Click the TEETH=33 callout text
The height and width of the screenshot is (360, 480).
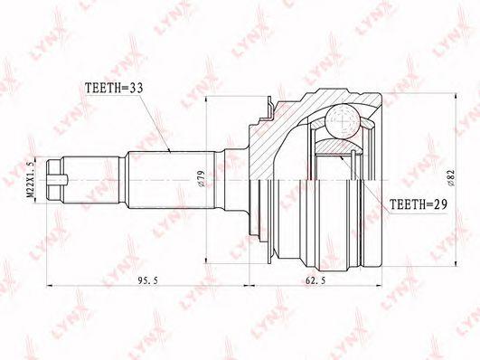point(114,89)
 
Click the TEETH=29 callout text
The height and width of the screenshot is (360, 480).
point(419,204)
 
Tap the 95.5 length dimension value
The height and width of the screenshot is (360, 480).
point(148,280)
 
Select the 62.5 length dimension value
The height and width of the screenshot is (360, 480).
point(315,280)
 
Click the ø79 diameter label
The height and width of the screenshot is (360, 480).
point(201,178)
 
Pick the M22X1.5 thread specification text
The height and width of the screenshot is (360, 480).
point(30,179)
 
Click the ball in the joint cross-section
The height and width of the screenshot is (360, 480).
point(343,121)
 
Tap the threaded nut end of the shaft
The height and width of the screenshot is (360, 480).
point(54,180)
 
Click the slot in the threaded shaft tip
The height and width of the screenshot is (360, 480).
point(58,180)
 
